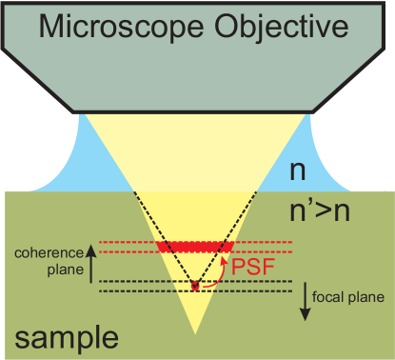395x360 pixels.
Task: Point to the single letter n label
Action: (299, 170)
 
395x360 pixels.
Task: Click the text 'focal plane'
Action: (351, 296)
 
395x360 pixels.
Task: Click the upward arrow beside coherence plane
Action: (92, 261)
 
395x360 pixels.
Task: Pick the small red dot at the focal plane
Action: (195, 286)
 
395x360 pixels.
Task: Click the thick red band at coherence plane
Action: (195, 246)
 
